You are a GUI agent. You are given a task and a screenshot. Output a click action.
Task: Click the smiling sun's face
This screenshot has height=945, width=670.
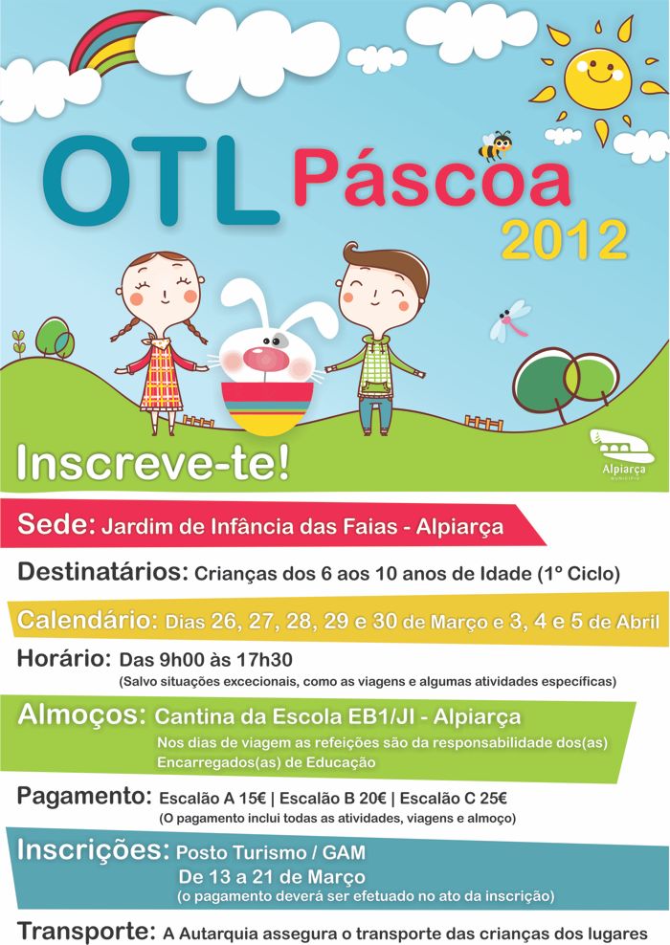(x=597, y=79)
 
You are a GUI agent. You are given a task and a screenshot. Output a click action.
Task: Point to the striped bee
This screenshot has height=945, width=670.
(x=495, y=145)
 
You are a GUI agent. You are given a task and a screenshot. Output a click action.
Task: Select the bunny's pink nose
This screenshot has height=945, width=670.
(x=266, y=359)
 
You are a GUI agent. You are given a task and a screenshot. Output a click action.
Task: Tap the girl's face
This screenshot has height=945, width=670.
(x=162, y=292)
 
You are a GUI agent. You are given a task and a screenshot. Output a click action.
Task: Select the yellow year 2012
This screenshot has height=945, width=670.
(x=565, y=240)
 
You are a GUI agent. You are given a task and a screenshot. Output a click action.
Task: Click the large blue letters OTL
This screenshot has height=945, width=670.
(x=161, y=180)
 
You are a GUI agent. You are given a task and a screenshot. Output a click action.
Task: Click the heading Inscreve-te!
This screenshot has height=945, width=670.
(x=153, y=463)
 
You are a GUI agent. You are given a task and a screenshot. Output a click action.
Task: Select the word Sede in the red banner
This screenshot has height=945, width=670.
(x=56, y=524)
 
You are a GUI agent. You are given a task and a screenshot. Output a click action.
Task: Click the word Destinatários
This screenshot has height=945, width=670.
(x=103, y=571)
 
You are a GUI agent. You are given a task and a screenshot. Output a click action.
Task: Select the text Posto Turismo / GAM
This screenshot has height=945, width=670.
(x=271, y=852)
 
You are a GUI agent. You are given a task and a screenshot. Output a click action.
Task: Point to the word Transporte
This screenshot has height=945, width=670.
(x=85, y=931)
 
